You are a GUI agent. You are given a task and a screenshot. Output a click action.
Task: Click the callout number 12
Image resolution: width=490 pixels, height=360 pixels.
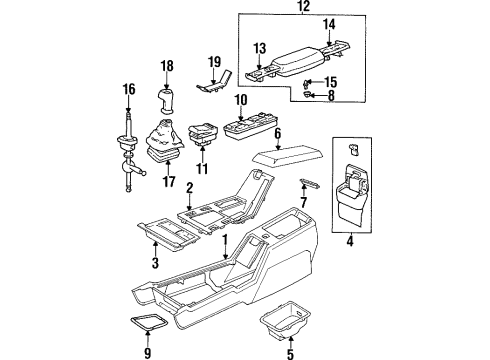(304, 6)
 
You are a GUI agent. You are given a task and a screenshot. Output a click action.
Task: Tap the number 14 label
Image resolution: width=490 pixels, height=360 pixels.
(329, 25)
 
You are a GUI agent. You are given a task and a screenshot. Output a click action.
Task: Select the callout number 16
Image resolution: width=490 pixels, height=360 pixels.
(129, 90)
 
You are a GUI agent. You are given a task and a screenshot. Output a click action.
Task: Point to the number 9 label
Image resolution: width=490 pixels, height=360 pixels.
(148, 353)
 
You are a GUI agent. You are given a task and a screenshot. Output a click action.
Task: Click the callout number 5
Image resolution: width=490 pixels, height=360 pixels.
(290, 354)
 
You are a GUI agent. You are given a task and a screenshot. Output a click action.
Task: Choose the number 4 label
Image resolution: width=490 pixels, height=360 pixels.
(350, 241)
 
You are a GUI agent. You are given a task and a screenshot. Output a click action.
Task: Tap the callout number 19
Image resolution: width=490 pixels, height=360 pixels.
(215, 62)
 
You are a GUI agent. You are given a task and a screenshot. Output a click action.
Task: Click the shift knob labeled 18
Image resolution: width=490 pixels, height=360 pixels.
(166, 100)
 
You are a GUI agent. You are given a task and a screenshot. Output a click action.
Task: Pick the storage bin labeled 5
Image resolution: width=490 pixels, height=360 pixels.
(285, 320)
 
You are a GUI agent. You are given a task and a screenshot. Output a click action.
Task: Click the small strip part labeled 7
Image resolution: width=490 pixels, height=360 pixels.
(310, 183)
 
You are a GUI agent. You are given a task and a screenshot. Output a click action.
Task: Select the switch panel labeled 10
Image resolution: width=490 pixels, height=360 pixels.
(251, 127)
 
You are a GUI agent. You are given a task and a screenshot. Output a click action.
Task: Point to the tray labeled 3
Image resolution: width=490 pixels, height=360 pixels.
(169, 235)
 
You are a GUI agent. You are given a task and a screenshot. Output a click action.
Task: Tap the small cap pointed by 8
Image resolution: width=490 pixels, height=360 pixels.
(306, 95)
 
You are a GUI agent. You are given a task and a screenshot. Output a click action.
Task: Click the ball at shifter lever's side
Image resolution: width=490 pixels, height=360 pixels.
(144, 174)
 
